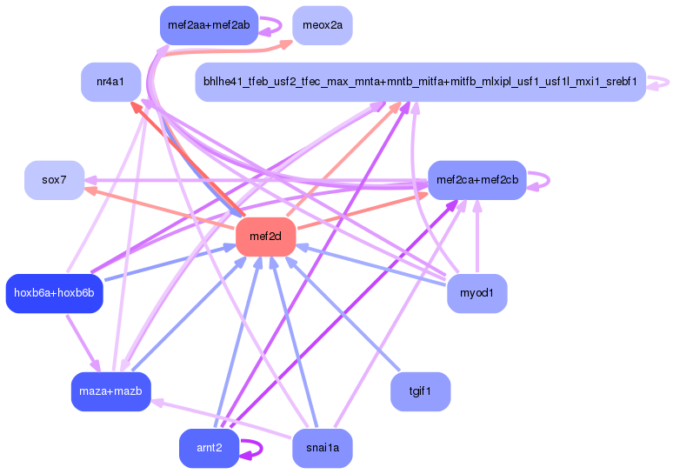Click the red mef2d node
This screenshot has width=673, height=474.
coord(265,237)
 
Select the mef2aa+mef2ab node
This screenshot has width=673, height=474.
coord(209,25)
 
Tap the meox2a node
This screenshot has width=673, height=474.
coord(323,25)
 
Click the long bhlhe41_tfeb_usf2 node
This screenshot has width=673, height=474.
coord(420,82)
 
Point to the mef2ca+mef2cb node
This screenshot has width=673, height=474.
coord(476,180)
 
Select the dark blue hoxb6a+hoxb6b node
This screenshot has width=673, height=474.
coord(55,293)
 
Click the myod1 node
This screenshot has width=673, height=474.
coord(476,293)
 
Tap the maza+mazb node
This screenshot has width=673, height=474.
coord(110,391)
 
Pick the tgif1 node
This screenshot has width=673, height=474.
coord(420,391)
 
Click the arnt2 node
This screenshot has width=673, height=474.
coord(209,448)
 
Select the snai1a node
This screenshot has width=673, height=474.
coord(323,448)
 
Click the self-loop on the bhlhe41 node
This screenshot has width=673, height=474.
coord(666,82)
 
